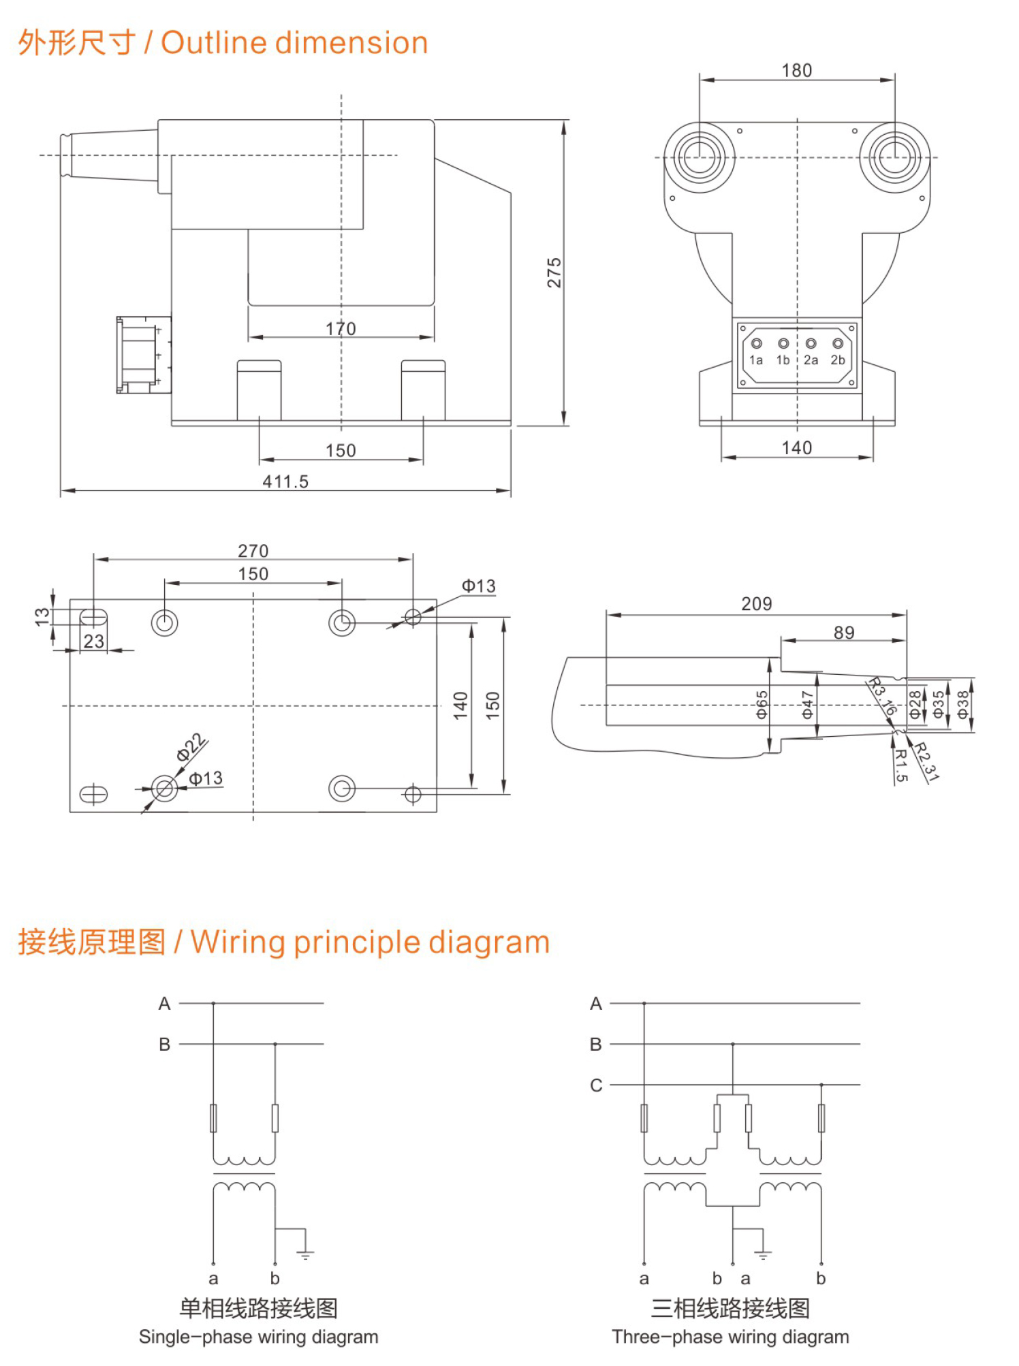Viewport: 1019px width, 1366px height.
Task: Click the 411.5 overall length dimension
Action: [285, 481]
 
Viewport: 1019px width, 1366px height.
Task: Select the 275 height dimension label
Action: [554, 272]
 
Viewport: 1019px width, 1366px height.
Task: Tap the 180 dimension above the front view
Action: [796, 71]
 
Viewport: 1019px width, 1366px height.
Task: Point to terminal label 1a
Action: [756, 360]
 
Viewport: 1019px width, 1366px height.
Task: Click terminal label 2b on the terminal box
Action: [838, 360]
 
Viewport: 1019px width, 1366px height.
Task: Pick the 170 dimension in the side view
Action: [341, 329]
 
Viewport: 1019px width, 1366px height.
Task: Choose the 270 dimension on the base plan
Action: [253, 551]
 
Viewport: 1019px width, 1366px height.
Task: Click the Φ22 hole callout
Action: [191, 747]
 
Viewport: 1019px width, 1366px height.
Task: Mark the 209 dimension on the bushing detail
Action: [756, 604]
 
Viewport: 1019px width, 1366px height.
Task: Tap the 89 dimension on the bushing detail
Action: [844, 633]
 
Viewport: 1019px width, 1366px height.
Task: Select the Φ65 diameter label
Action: [762, 705]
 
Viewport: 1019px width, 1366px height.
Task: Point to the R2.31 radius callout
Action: [926, 761]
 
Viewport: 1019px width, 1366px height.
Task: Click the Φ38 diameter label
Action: [962, 705]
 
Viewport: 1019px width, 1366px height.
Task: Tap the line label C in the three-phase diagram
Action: [596, 1085]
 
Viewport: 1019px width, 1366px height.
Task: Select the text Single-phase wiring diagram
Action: [258, 1337]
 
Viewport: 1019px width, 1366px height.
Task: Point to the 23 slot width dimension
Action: [94, 641]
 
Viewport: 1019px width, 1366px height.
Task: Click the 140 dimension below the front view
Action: [796, 448]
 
